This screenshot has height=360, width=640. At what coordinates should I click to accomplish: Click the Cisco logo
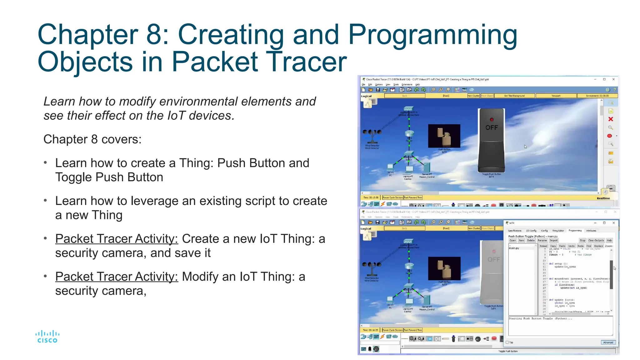(x=47, y=337)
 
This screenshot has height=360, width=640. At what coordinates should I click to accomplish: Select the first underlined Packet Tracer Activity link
(x=117, y=239)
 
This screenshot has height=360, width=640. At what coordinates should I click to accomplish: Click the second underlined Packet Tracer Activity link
(x=117, y=277)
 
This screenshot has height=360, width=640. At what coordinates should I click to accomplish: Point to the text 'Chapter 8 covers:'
(x=92, y=139)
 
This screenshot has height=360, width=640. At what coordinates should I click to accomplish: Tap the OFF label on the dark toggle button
(x=491, y=127)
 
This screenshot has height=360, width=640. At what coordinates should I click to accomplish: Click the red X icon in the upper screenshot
(x=611, y=119)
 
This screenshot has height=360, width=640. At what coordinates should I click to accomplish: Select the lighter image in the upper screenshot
(x=444, y=136)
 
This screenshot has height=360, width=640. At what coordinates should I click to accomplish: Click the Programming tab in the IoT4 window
(x=575, y=231)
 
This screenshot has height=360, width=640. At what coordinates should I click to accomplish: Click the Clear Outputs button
(x=596, y=240)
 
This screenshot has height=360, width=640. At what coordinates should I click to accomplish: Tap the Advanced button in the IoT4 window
(x=608, y=342)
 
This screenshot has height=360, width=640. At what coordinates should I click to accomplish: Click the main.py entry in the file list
(x=514, y=248)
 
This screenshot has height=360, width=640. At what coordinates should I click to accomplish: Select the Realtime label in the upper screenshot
(x=603, y=198)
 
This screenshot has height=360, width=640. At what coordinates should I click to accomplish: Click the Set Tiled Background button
(x=514, y=96)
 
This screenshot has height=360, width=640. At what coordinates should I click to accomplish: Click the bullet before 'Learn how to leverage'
(x=45, y=201)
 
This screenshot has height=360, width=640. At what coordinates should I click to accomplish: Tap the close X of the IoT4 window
(x=613, y=223)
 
